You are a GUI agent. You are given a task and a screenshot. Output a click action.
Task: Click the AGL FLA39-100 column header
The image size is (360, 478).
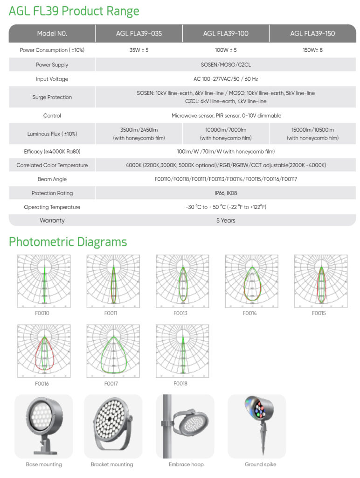point(225,34)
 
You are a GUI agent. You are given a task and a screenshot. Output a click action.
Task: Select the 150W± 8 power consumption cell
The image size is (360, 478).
point(312,50)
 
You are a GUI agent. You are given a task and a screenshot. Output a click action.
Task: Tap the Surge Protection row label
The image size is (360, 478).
point(52,97)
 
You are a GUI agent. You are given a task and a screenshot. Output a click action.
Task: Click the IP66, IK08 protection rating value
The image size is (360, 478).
point(226,193)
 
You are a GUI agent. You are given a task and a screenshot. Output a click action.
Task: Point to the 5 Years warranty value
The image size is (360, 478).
point(226,220)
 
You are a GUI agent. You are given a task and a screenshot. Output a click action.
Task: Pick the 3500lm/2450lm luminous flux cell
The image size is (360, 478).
point(139,134)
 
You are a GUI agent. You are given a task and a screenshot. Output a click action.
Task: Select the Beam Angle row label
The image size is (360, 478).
point(52,179)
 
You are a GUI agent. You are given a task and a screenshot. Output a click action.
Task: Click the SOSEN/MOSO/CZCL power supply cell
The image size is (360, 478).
point(226,65)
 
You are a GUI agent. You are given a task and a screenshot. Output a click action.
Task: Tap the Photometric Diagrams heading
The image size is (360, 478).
point(68,242)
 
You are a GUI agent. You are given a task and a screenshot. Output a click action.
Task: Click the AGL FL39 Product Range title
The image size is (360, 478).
point(74,11)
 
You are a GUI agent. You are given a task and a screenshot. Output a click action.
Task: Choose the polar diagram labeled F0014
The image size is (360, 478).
point(251,281)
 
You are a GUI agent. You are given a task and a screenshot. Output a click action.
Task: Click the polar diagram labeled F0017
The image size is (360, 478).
point(113,351)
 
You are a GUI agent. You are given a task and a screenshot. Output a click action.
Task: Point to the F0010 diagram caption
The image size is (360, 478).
point(42,313)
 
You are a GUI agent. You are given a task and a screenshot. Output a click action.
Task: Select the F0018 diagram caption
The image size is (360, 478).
point(180,384)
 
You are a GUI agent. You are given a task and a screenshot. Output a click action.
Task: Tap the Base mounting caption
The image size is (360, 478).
point(44,464)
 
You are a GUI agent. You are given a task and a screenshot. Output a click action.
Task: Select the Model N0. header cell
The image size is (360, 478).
point(52,34)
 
